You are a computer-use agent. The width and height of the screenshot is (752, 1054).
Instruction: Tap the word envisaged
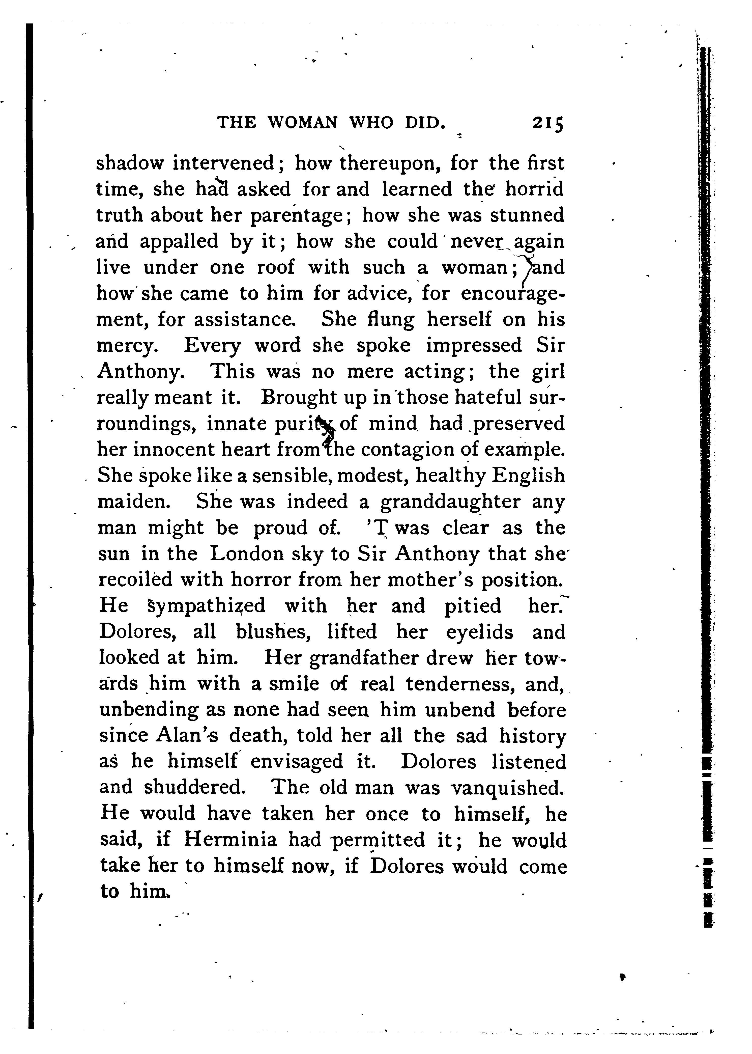pos(296,762)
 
